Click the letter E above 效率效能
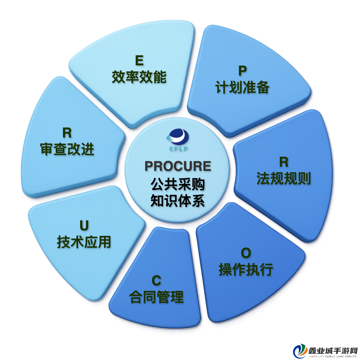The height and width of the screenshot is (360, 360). tap(139, 61)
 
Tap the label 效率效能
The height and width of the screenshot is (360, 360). tap(139, 77)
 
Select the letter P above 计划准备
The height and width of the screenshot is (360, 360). tap(242, 71)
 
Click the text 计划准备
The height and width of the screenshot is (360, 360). tap(242, 87)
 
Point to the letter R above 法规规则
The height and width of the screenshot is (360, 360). tap(284, 162)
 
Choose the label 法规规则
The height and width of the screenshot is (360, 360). tap(284, 178)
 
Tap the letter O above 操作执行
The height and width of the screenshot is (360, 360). tap(246, 253)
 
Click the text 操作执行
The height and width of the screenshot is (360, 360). tap(246, 269)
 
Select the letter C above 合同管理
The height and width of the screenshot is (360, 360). tap(157, 280)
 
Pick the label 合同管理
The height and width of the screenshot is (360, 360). tap(157, 297)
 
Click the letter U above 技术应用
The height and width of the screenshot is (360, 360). tap(84, 226)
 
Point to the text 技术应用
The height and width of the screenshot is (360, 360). tap(84, 242)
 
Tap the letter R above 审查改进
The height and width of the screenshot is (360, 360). tap(67, 133)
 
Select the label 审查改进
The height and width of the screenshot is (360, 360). tap(67, 149)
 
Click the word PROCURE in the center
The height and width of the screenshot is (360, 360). tap(178, 166)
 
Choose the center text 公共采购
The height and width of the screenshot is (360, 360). tap(178, 184)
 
